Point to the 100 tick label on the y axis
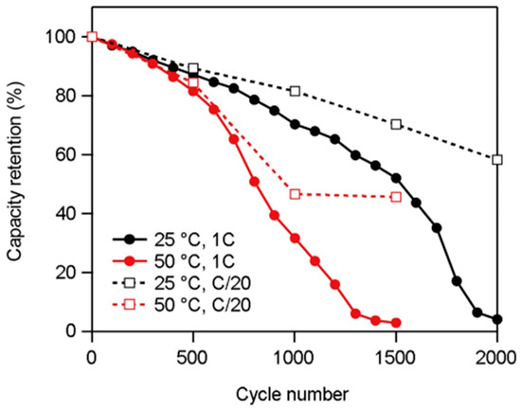60,37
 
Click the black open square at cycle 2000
497,159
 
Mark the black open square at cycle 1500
396,124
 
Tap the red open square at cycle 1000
295,194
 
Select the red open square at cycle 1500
396,196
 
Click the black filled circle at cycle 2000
497,319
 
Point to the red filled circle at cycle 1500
396,323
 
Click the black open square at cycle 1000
295,91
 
